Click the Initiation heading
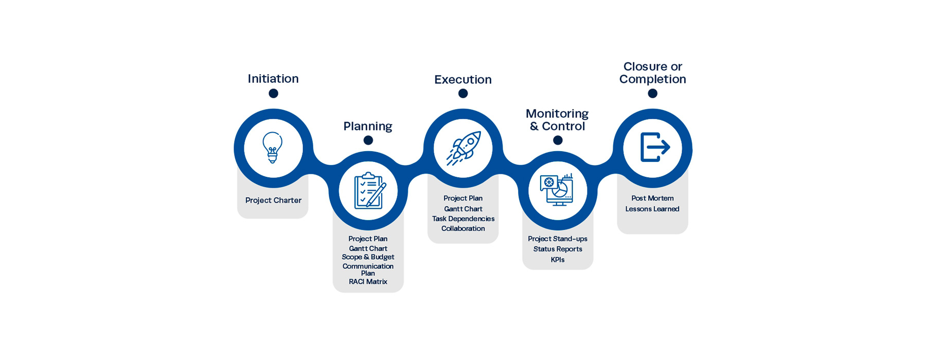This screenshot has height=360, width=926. (273, 79)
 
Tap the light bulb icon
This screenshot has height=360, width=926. (273, 148)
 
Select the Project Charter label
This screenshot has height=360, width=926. (273, 201)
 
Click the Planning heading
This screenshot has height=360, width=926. (368, 126)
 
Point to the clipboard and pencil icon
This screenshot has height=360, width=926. (369, 191)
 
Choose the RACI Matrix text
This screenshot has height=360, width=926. (368, 282)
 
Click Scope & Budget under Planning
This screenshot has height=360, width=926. (368, 257)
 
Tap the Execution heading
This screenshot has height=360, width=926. (463, 80)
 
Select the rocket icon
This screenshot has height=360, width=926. (463, 148)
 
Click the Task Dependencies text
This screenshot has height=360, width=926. (463, 219)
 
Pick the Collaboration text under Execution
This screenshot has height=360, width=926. (463, 228)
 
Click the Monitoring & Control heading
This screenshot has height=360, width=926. (557, 120)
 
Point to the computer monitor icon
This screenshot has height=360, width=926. (557, 190)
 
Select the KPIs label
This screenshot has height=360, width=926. (558, 260)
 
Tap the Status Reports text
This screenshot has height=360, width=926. (558, 249)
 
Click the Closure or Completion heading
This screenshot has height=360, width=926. (652, 73)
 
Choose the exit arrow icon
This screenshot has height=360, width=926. (654, 148)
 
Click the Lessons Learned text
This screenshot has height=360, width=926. (652, 209)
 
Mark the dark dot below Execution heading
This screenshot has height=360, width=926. (463, 94)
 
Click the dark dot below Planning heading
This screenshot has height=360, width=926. (368, 140)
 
